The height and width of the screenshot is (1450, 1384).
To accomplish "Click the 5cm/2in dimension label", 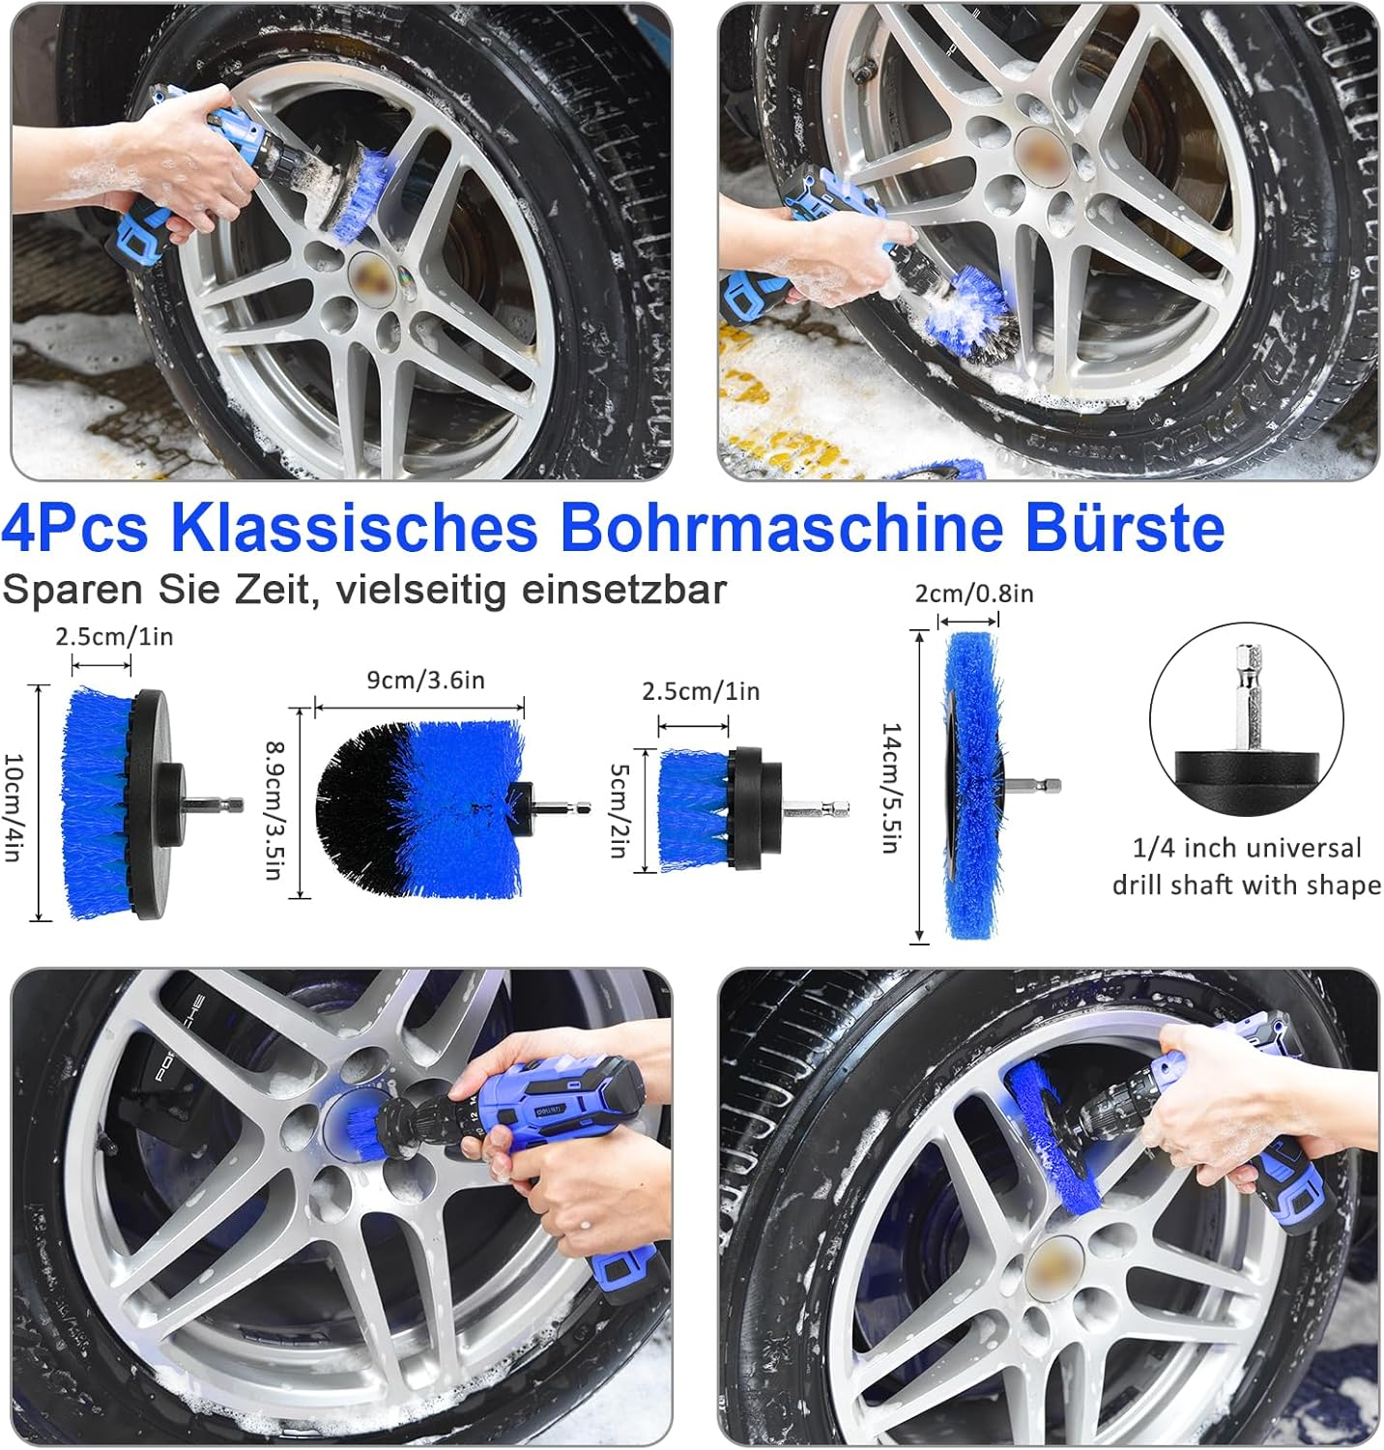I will point(620,810).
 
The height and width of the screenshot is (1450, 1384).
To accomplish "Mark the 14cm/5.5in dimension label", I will point(892,788).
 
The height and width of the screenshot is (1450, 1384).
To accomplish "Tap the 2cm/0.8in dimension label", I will point(974,594).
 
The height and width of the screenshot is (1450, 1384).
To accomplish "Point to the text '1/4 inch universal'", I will point(1247,848).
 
